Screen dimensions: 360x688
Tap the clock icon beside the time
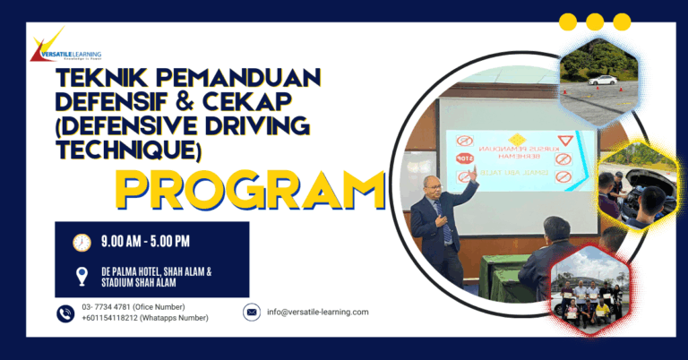(x=82, y=242)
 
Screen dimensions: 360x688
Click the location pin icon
(x=82, y=276)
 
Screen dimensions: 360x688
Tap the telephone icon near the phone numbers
(x=65, y=313)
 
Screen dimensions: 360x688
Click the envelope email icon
(x=252, y=312)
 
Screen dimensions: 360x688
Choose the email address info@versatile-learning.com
(x=317, y=312)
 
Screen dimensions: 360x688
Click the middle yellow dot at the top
(x=595, y=22)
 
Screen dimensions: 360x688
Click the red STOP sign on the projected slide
(x=464, y=159)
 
